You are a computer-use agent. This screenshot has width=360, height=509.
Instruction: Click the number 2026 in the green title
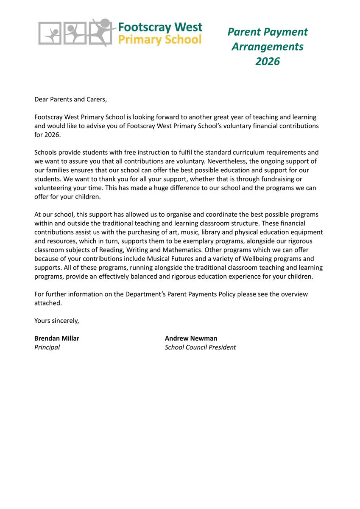point(268,61)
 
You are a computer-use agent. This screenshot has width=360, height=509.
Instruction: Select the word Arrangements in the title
point(267,46)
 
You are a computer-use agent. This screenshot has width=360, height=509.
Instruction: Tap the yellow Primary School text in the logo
point(159,39)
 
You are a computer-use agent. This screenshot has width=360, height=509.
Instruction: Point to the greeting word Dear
point(42,100)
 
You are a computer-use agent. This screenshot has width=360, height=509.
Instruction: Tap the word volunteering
point(53,188)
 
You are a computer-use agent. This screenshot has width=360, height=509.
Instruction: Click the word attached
point(47,303)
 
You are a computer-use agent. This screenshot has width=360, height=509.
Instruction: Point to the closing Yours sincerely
point(56,321)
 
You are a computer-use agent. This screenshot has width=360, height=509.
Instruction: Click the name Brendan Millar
point(56,338)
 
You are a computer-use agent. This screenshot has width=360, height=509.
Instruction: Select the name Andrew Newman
point(191,338)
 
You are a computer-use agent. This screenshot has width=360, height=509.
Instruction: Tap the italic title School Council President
point(200,347)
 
